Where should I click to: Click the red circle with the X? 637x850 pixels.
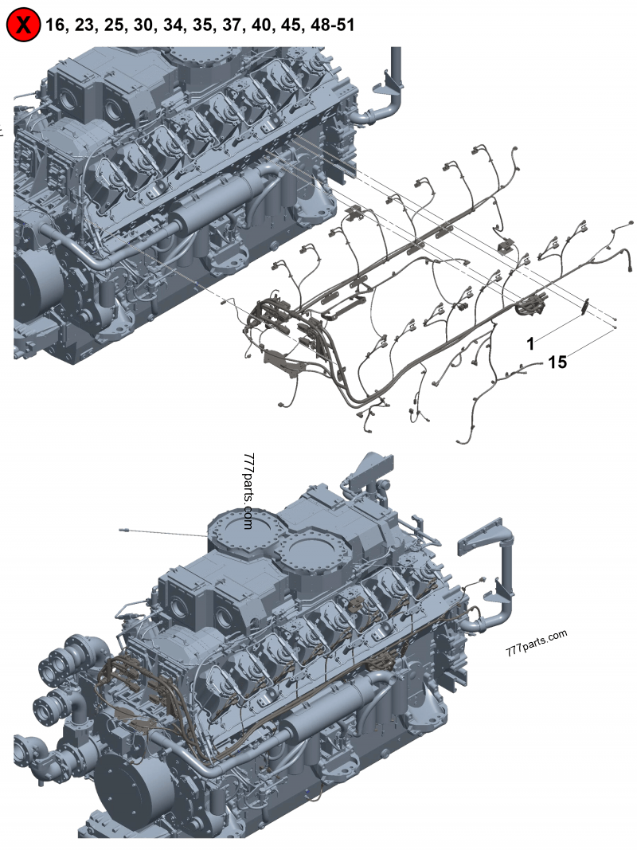[23, 25]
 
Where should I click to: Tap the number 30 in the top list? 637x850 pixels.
[143, 25]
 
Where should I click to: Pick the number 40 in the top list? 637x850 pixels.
[262, 25]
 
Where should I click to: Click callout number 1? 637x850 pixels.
[531, 343]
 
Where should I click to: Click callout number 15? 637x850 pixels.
[557, 362]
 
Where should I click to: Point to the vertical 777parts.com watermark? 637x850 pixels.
[248, 492]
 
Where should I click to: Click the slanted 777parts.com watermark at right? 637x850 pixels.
[537, 643]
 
